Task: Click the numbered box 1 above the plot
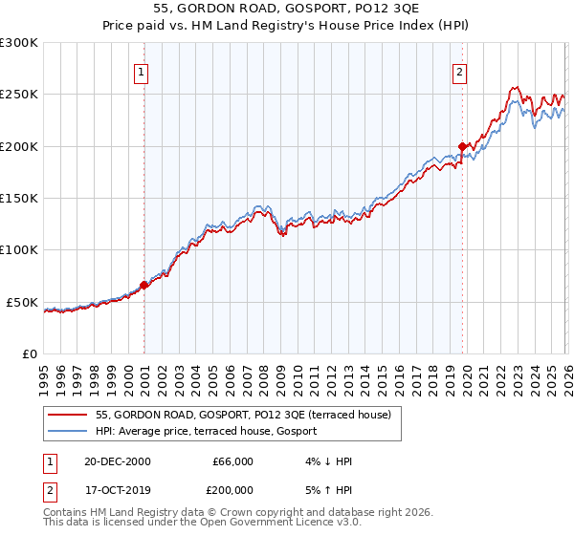pos(142,71)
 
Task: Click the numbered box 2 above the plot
pos(460,71)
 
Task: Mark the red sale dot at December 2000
pos(144,285)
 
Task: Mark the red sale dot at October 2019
pos(462,146)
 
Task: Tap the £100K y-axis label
pos(19,250)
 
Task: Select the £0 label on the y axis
pos(29,353)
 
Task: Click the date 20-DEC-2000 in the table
pos(118,461)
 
